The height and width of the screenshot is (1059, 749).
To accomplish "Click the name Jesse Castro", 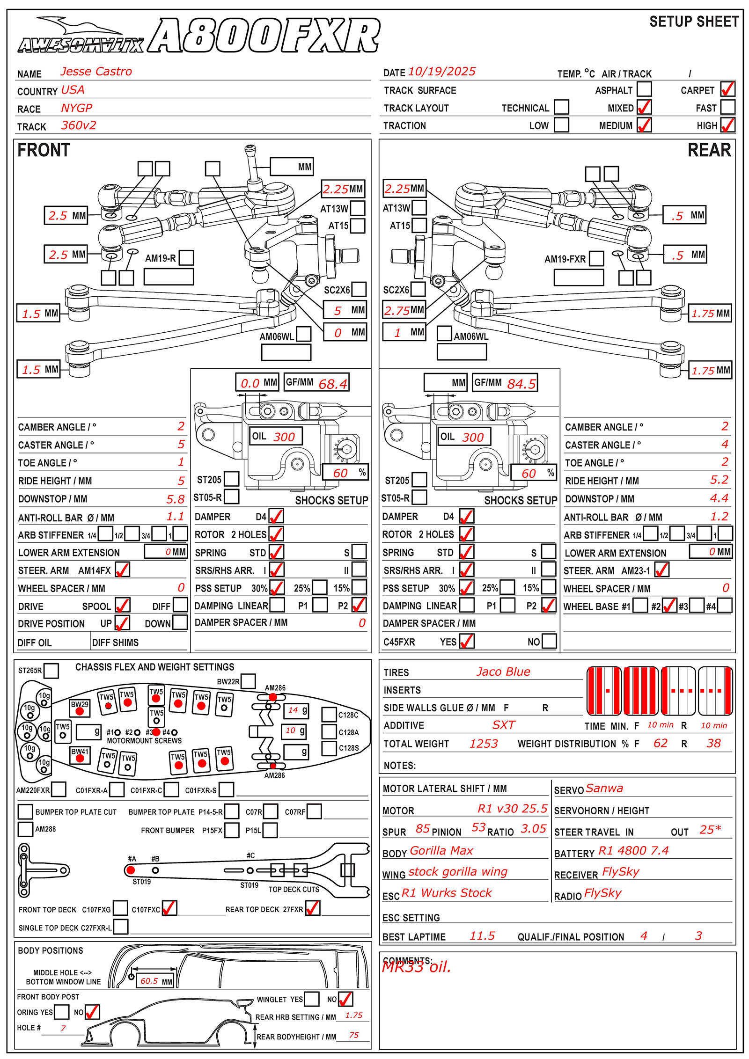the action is coord(96,71).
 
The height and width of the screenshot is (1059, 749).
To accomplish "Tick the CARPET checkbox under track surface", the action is coord(727,89).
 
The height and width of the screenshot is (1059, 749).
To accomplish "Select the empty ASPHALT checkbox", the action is coord(644,89).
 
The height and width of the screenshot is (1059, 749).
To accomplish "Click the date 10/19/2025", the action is coord(442,71).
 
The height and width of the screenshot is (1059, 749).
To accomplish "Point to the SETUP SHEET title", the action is coord(694,22).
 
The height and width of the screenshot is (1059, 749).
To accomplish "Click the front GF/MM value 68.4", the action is coord(333,384).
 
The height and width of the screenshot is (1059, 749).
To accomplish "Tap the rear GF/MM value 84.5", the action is coord(521,384).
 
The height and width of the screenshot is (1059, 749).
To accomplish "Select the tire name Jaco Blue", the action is coord(503,672).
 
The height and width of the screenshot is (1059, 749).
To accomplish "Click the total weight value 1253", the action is coord(484,743).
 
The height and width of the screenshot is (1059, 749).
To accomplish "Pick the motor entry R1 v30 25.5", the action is coord(512,808).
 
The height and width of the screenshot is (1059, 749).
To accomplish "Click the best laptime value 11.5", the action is coord(482,935).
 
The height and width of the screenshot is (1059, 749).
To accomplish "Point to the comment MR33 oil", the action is coord(416,966).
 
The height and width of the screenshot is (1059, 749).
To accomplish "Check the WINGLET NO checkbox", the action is coord(345,999).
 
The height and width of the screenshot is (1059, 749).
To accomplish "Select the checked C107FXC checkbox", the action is coord(169,908).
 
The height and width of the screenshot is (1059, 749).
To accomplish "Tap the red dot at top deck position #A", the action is coord(131,870).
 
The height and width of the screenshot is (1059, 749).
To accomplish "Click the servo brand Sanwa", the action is coord(604,788).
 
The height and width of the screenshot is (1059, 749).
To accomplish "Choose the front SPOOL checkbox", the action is coord(122,605).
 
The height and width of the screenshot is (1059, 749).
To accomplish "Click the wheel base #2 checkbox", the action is coord(669,606).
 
